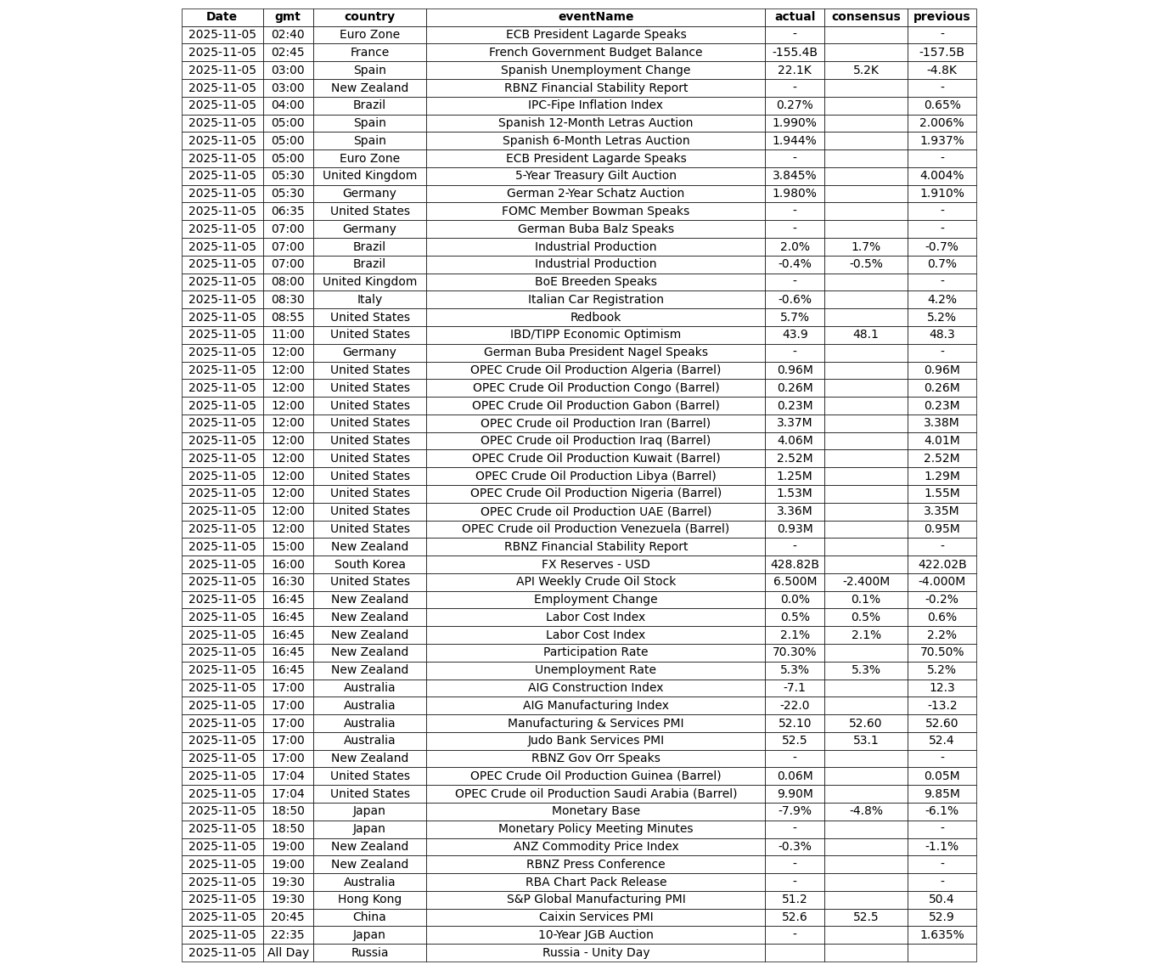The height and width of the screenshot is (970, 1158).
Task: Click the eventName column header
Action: click(595, 17)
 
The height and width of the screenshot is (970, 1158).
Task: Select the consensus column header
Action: click(865, 17)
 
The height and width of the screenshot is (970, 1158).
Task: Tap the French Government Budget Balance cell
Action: click(595, 53)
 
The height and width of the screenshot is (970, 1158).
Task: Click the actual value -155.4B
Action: click(794, 53)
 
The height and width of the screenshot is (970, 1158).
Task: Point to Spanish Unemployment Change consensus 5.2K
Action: click(865, 70)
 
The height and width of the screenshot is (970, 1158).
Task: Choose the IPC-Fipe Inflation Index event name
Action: click(595, 105)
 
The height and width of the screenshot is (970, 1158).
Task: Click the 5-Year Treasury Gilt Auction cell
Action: click(595, 176)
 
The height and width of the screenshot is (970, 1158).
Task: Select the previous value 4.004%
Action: click(942, 176)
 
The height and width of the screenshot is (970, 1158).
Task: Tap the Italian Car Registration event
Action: click(595, 300)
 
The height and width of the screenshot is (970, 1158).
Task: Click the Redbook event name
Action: click(595, 318)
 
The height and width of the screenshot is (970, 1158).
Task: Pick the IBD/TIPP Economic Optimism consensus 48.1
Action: click(865, 335)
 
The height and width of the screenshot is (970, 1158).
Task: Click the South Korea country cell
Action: click(369, 565)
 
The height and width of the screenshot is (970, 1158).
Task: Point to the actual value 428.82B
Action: click(794, 565)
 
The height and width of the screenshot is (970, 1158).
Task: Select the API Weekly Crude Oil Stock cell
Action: click(595, 582)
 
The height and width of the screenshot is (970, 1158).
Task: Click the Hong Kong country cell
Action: click(369, 900)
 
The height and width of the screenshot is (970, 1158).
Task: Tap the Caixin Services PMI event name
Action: click(595, 917)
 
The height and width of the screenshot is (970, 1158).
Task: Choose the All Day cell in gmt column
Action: click(288, 953)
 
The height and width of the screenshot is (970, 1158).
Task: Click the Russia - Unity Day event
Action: click(595, 953)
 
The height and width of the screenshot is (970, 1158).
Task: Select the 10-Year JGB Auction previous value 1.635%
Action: click(942, 935)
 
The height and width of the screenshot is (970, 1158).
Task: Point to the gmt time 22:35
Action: click(288, 935)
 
